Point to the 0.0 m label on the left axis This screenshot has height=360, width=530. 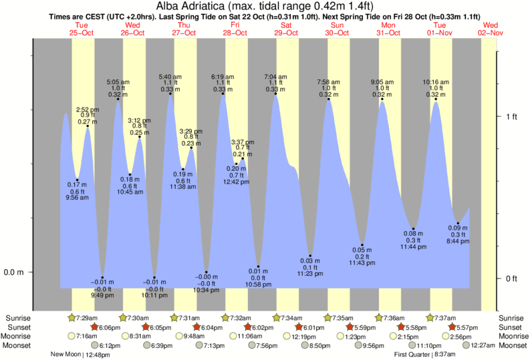(x=15, y=273)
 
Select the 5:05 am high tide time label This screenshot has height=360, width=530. (x=118, y=82)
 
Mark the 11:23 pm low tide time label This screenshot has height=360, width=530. (x=311, y=273)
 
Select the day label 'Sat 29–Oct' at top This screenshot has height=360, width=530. (x=285, y=28)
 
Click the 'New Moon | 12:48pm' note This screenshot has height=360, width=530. (x=80, y=355)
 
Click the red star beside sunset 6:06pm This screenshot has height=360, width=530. (x=94, y=327)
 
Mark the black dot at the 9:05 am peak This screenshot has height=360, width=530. (x=382, y=99)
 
